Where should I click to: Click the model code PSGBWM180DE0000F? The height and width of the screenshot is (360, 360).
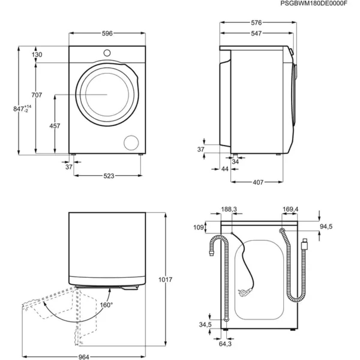[313, 4]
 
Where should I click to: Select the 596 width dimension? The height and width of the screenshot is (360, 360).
[107, 33]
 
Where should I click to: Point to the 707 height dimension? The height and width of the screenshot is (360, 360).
[37, 95]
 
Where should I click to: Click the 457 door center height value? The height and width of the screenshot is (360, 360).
[55, 126]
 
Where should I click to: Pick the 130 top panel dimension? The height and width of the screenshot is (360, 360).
[37, 55]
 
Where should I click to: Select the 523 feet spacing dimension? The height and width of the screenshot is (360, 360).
[109, 176]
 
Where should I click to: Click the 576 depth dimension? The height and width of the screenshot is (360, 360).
[256, 22]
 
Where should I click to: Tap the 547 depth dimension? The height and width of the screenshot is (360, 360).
[256, 34]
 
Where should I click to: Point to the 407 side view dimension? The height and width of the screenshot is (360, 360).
[258, 182]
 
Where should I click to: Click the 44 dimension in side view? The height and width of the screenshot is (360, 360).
[225, 169]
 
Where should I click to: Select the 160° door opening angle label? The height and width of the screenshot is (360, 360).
[106, 305]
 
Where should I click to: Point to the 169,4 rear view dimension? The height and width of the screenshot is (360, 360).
[290, 209]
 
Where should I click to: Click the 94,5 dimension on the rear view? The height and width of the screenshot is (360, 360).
[326, 226]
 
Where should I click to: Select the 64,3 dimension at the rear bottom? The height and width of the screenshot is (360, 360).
[225, 344]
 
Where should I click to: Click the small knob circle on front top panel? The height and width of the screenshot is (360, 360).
[107, 53]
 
